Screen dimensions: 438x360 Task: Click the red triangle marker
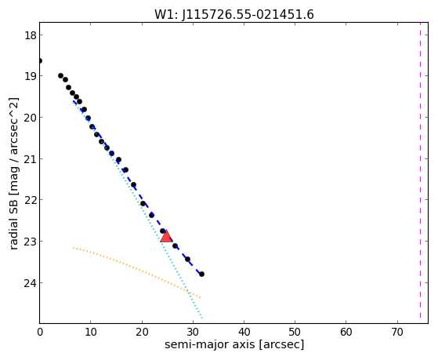pyautogui.click(x=166, y=237)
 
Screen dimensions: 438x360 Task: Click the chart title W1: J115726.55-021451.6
pyautogui.click(x=234, y=15)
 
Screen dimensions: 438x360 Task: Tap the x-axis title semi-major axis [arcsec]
pyautogui.click(x=234, y=344)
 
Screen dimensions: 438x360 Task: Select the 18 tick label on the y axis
pyautogui.click(x=31, y=35)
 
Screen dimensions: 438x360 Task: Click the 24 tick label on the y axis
pyautogui.click(x=31, y=283)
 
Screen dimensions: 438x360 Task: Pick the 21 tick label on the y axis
pyautogui.click(x=31, y=159)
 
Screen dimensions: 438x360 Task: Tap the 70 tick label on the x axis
pyautogui.click(x=397, y=332)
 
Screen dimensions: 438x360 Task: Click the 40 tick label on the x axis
pyautogui.click(x=244, y=332)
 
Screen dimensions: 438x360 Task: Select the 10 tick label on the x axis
pyautogui.click(x=91, y=332)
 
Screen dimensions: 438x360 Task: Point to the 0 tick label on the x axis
pyautogui.click(x=40, y=332)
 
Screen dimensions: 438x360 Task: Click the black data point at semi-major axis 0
pyautogui.click(x=40, y=60)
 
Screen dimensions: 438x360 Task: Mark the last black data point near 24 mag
pyautogui.click(x=201, y=275)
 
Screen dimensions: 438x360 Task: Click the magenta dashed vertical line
pyautogui.click(x=420, y=173)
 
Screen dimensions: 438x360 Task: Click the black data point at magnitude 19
pyautogui.click(x=60, y=75)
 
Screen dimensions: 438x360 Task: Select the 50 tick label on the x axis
pyautogui.click(x=295, y=332)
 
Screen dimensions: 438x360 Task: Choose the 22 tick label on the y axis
pyautogui.click(x=31, y=200)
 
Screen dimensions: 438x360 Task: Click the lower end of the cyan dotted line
pyautogui.click(x=201, y=318)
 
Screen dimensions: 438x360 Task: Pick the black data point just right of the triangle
pyautogui.click(x=176, y=245)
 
